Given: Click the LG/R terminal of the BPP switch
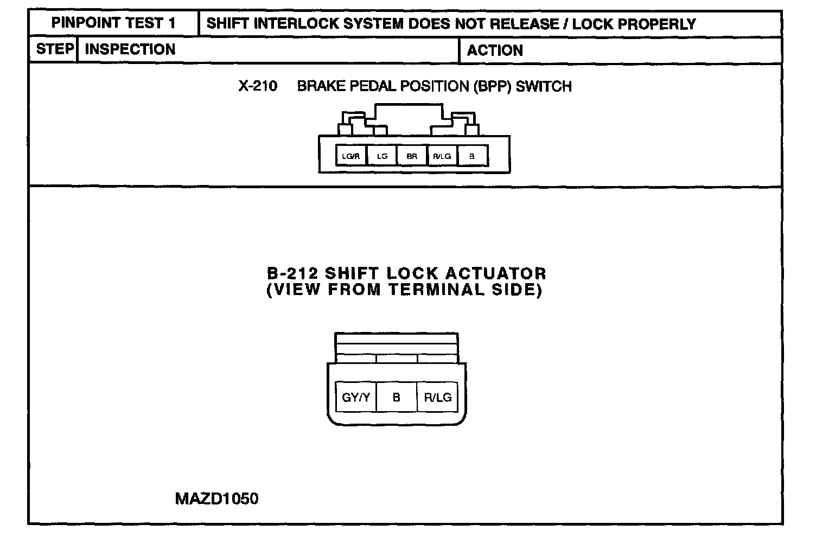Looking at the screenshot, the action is (351, 156).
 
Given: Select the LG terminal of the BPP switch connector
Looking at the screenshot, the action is (382, 156).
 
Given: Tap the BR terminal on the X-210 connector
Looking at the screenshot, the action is (412, 156).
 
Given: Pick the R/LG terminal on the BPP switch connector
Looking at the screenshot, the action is (442, 156).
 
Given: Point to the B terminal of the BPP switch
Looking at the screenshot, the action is (472, 156).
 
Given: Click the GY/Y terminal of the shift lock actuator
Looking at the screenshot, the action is (356, 397).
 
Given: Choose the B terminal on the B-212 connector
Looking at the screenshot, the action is (396, 397).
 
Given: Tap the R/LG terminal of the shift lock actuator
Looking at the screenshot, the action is (437, 397).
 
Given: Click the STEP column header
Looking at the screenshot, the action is (54, 49).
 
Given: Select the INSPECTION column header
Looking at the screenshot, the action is (130, 49).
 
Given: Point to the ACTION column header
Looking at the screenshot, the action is (495, 50).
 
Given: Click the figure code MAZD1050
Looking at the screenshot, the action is (216, 498).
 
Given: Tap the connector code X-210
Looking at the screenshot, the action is (258, 86).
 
